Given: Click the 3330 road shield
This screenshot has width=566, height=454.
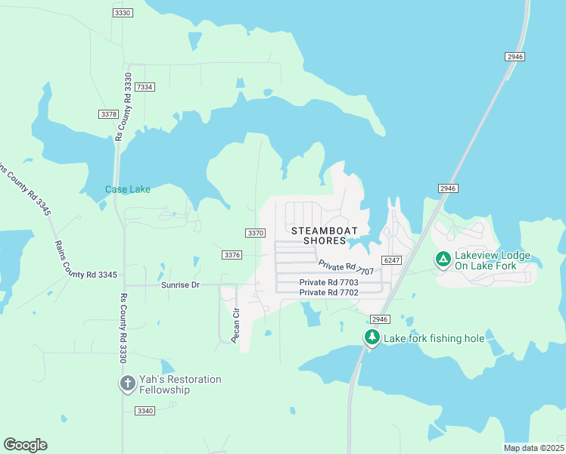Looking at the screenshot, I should click(122, 13).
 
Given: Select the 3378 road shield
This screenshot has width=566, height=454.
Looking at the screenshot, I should click(108, 113).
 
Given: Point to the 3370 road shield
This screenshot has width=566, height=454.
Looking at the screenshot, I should click(256, 233).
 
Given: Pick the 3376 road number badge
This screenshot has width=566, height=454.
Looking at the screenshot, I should click(232, 255).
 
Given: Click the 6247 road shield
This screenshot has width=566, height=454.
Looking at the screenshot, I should click(391, 260).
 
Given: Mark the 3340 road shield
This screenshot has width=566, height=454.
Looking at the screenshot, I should click(145, 411).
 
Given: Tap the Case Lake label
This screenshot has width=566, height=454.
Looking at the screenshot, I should click(128, 189).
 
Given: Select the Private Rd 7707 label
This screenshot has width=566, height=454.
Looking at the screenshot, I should click(346, 267).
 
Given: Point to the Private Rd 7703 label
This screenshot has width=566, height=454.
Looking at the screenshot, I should click(328, 282).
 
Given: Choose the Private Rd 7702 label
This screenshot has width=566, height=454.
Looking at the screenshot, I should click(328, 292).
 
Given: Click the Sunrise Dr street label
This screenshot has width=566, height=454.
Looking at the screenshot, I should click(179, 285).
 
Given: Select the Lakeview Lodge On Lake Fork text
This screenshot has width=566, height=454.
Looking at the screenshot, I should click(492, 261).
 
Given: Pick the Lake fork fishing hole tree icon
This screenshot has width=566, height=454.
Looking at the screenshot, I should click(372, 337).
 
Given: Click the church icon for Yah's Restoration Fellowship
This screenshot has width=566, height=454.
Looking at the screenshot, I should click(126, 384).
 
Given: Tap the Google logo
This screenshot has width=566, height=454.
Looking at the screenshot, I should click(25, 445).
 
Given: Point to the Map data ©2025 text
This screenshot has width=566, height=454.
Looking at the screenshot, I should click(533, 448).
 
